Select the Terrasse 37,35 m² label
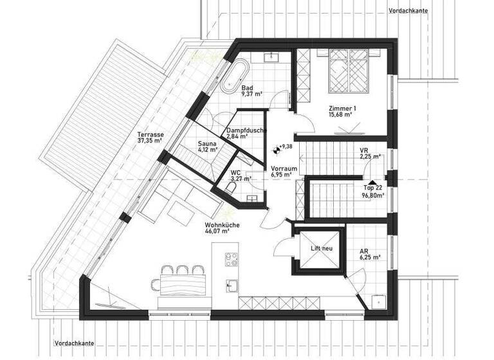pos(149,138)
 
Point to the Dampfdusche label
pos(246,134)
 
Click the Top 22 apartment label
pos(372,192)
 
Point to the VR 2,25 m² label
pos(368,154)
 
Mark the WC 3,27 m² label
pos(240,175)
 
